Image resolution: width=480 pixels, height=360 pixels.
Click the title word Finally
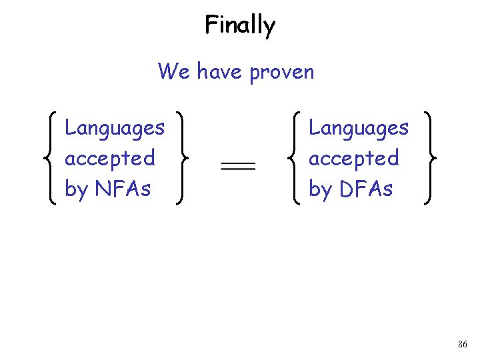240,26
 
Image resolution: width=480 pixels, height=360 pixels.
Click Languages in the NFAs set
115,128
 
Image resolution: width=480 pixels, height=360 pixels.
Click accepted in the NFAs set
109,159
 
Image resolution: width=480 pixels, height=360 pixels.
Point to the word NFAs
123,189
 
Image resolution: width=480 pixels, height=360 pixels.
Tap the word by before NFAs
76,189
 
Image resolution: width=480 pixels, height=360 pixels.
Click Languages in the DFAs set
359,128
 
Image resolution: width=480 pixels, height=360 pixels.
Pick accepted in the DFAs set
353,159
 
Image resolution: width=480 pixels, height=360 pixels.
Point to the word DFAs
367,189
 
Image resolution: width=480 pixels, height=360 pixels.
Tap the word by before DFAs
320,189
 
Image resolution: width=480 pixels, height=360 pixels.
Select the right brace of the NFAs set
181,159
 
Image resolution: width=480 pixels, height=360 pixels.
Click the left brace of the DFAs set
293,159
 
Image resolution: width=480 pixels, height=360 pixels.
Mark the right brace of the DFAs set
429,159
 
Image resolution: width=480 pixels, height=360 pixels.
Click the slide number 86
463,344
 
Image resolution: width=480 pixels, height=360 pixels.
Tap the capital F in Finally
211,25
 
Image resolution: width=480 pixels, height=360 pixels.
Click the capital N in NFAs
102,189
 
